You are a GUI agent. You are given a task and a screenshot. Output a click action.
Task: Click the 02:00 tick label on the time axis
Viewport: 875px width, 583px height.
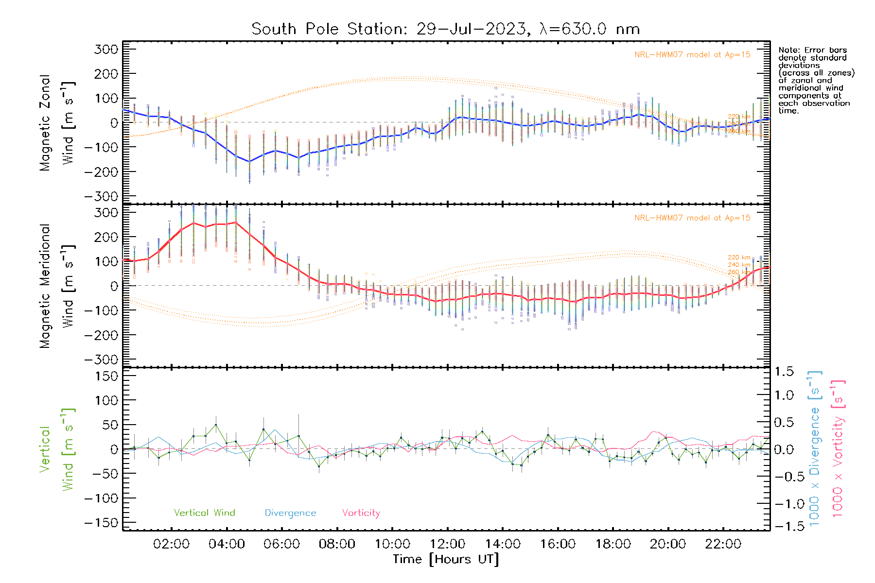click(x=171, y=544)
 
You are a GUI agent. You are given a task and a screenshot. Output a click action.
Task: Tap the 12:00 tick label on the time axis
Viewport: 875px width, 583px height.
click(x=447, y=544)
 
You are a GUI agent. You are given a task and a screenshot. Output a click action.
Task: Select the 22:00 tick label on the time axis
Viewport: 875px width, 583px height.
click(x=723, y=544)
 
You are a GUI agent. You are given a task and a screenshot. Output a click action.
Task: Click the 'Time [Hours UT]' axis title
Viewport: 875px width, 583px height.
click(x=446, y=559)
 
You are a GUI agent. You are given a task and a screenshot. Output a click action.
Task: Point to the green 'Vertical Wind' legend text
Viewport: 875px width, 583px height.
click(x=204, y=513)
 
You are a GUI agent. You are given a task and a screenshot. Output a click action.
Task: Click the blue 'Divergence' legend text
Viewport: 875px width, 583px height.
click(x=290, y=513)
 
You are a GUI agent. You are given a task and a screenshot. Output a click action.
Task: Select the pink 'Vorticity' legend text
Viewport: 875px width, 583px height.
click(x=361, y=513)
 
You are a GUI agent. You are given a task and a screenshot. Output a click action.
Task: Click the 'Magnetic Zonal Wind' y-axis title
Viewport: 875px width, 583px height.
click(x=57, y=122)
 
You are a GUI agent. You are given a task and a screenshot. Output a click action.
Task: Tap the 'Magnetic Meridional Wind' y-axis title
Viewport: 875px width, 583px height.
click(x=57, y=286)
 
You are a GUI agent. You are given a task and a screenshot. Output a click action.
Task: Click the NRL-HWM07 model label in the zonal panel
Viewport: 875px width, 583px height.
click(x=692, y=55)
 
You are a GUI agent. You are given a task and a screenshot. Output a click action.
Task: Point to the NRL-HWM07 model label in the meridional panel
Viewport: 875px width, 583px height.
click(x=692, y=218)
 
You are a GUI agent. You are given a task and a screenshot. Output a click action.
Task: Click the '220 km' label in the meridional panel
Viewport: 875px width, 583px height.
click(x=739, y=257)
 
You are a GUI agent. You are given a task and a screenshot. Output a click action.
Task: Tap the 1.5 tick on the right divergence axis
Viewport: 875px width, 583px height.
click(x=784, y=372)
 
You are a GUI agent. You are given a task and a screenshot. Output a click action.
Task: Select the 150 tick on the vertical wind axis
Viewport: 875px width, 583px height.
click(x=107, y=376)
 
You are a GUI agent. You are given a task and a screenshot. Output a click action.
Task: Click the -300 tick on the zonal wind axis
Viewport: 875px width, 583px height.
click(x=101, y=196)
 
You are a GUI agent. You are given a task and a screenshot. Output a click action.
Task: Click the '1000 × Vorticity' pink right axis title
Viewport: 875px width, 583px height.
click(x=838, y=448)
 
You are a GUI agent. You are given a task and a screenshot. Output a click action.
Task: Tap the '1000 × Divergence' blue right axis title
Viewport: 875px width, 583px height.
click(x=815, y=448)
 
